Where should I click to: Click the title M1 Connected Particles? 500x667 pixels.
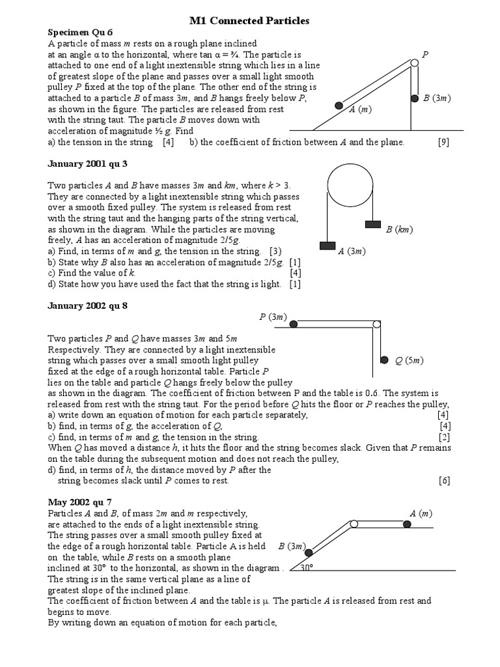[x=249, y=21]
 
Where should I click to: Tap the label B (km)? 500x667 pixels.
[x=400, y=229]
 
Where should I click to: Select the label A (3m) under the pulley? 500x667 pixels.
[x=352, y=251]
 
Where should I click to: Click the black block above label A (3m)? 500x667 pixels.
[x=327, y=246]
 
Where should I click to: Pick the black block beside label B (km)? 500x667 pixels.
[x=372, y=225]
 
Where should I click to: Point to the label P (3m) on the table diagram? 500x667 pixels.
[x=273, y=317]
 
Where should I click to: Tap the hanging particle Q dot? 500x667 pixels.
[x=383, y=360]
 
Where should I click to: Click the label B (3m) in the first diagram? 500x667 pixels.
[x=436, y=98]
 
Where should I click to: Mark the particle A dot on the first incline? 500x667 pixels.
[x=339, y=106]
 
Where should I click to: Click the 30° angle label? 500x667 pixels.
[x=307, y=567]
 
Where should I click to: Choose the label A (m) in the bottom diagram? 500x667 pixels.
[x=421, y=514]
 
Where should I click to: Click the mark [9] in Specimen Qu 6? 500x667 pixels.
[x=443, y=142]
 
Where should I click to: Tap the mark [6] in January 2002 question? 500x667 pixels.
[x=444, y=481]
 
